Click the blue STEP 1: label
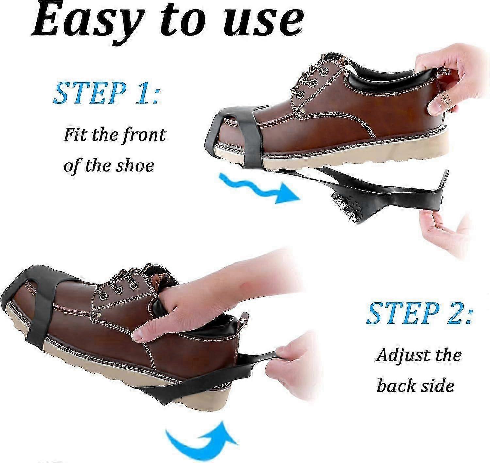[x=106, y=93]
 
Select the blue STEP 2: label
[x=419, y=313]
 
